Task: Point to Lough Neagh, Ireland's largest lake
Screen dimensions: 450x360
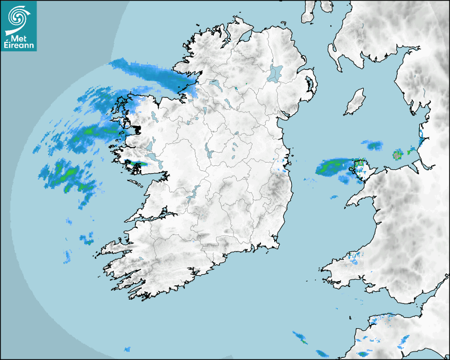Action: pyautogui.click(x=275, y=73)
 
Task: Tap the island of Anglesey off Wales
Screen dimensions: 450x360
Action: pyautogui.click(x=362, y=169)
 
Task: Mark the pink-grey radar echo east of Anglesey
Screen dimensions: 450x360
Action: pyautogui.click(x=397, y=155)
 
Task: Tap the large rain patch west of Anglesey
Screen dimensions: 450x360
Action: pyautogui.click(x=332, y=166)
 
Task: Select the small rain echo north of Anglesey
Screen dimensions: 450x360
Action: pyautogui.click(x=374, y=145)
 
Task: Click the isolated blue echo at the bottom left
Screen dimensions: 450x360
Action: pyautogui.click(x=127, y=349)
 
